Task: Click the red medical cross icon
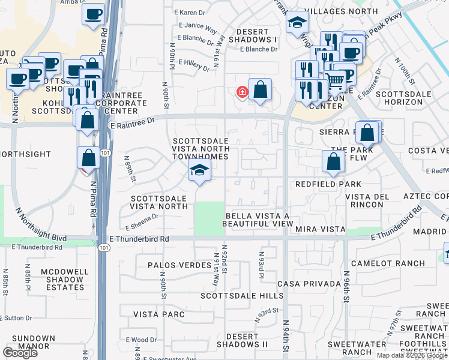242,92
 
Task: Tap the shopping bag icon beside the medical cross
260,91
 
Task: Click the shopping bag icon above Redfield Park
333,161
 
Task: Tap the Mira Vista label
320,229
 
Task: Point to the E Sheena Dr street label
142,221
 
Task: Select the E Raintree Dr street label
133,120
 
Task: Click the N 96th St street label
347,289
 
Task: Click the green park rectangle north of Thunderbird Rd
209,218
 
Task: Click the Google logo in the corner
20,353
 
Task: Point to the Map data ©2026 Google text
412,355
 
